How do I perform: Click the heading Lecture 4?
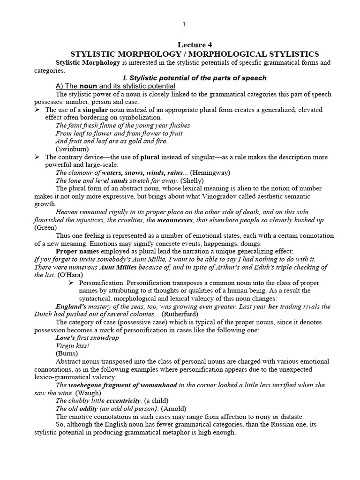(x=191, y=45)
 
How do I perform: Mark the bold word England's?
(x=70, y=307)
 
